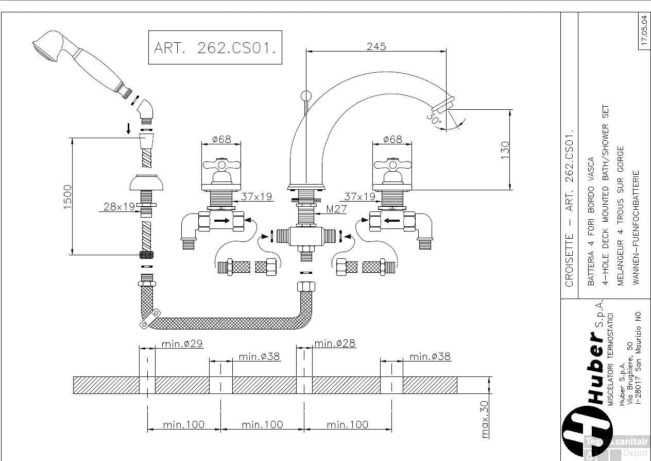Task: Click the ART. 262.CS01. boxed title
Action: click(215, 47)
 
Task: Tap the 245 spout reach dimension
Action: click(376, 46)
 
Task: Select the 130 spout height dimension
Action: click(505, 150)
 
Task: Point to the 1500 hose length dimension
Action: click(67, 196)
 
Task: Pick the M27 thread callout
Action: click(336, 209)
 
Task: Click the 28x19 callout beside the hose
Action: click(119, 206)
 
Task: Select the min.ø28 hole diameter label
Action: click(335, 343)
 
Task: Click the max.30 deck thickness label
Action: click(485, 419)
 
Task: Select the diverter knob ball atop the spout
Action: click(305, 95)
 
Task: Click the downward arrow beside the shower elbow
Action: click(128, 128)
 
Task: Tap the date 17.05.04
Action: click(644, 31)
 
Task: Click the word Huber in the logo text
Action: click(595, 369)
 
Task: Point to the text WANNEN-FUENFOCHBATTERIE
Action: click(636, 227)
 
